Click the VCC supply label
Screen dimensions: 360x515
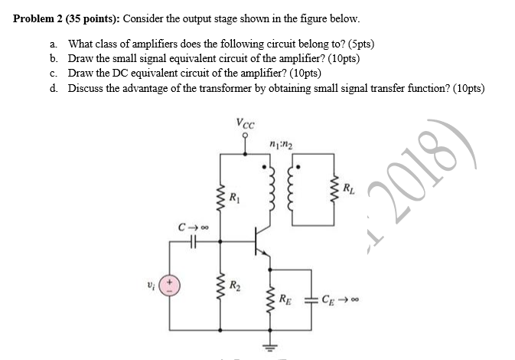tap(246, 122)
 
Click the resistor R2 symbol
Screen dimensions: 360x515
tap(221, 291)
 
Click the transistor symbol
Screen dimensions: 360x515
tap(261, 243)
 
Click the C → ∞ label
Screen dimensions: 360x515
tap(191, 227)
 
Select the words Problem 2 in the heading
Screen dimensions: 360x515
tap(39, 18)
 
